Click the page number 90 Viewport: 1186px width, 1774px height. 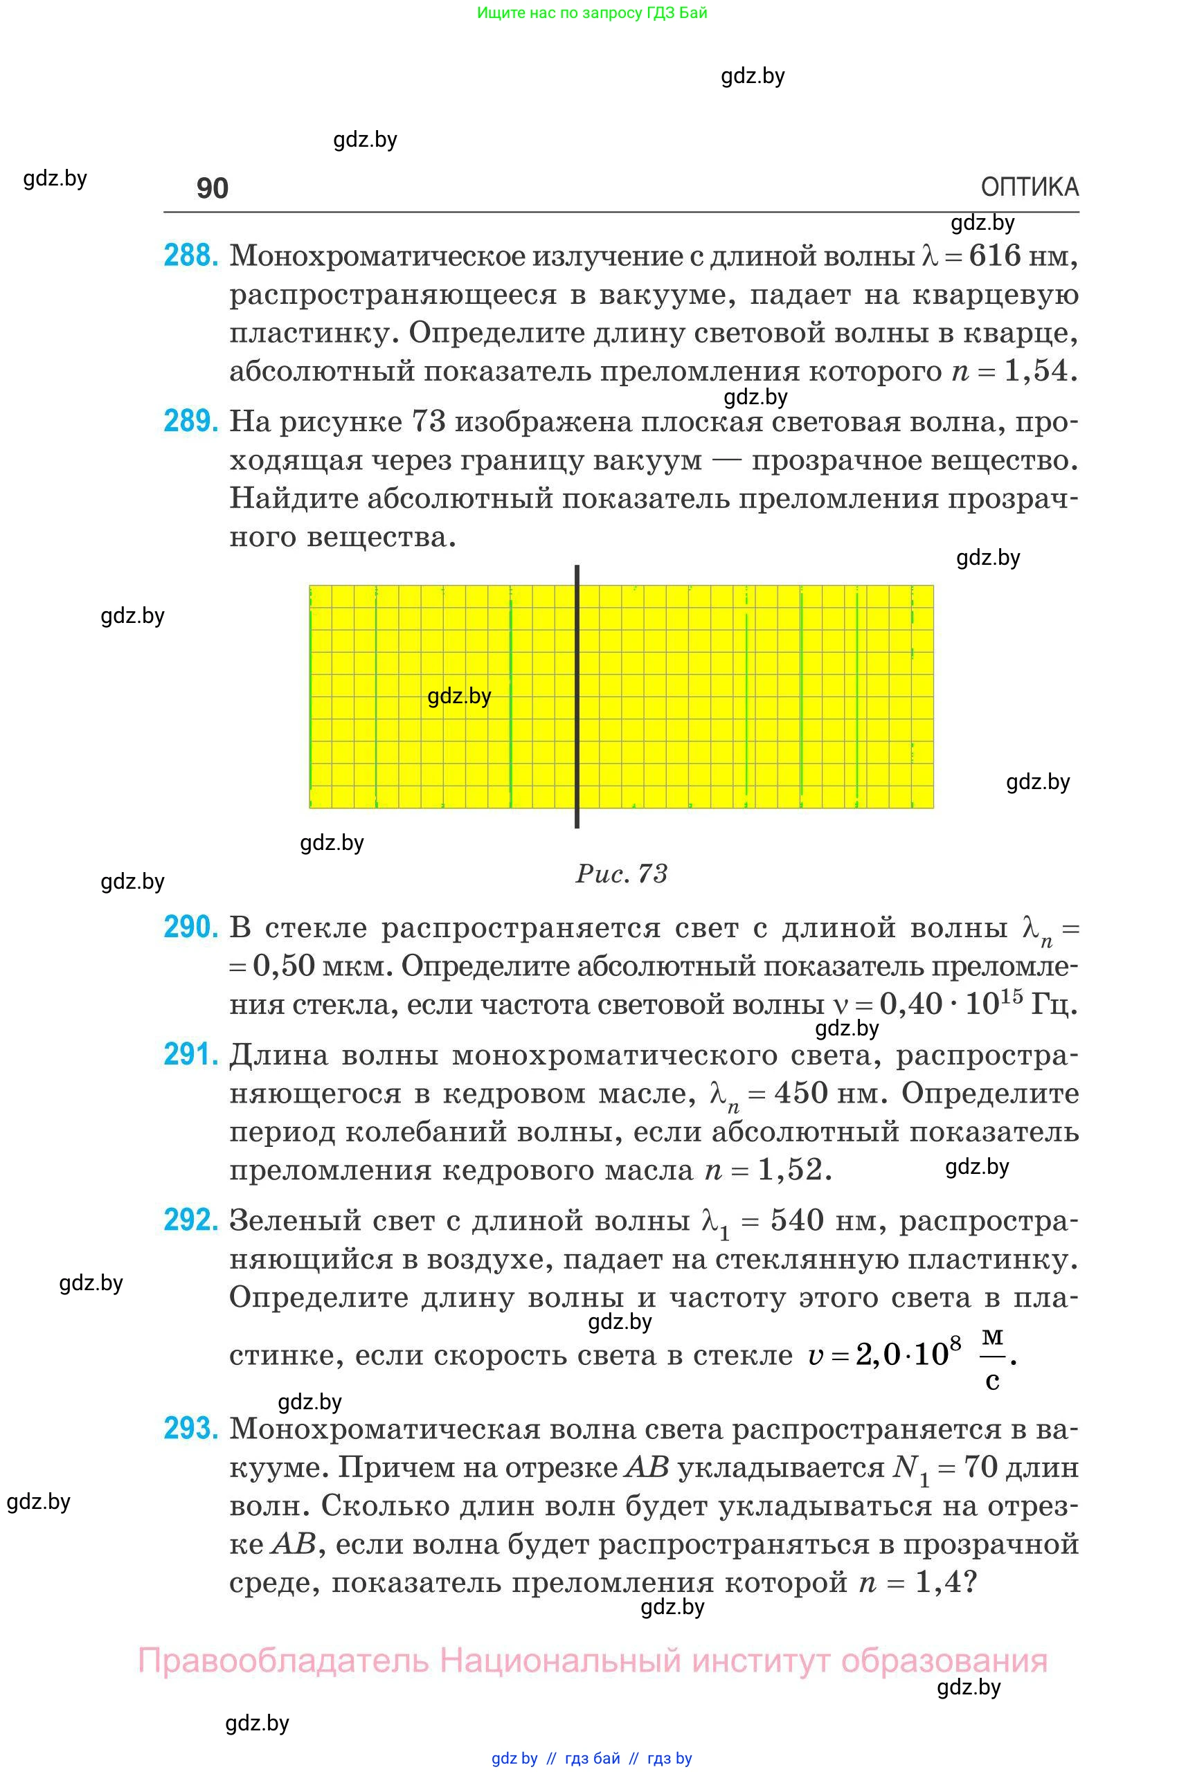click(x=212, y=188)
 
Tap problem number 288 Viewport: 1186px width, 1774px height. click(x=190, y=255)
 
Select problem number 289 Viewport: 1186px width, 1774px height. click(x=190, y=422)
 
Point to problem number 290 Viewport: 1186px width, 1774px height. click(x=190, y=927)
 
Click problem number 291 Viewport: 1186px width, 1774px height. click(x=190, y=1054)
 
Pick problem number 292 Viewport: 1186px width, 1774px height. click(x=190, y=1220)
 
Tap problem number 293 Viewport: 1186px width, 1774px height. click(x=190, y=1429)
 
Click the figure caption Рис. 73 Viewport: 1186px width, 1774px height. click(x=621, y=874)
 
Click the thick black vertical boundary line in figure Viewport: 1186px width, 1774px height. click(x=577, y=696)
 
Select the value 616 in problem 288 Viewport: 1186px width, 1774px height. click(x=996, y=255)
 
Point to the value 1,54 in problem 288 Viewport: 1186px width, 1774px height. click(x=1035, y=371)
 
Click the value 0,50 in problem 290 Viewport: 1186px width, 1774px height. click(x=283, y=966)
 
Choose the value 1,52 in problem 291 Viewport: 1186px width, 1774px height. click(x=790, y=1170)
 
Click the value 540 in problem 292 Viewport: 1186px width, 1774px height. click(x=796, y=1220)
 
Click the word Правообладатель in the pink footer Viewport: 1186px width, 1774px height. click(x=283, y=1661)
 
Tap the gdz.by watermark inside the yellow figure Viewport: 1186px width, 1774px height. click(x=459, y=696)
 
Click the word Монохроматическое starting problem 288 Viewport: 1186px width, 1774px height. click(x=377, y=256)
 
